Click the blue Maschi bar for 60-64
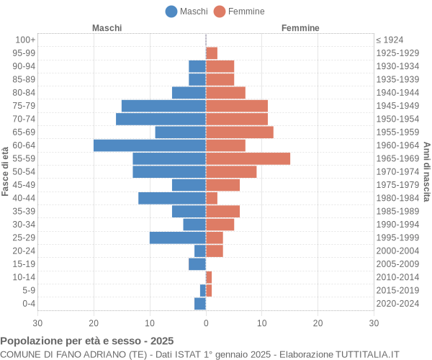click(x=150, y=145)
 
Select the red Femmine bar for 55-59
click(x=248, y=158)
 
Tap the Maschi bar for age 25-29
click(x=178, y=238)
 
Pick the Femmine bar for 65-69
click(x=239, y=132)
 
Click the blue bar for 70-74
click(x=161, y=119)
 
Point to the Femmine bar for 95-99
click(x=212, y=53)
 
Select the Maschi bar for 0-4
click(x=200, y=304)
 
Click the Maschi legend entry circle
click(x=171, y=12)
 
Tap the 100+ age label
click(x=25, y=40)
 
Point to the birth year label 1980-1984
click(x=397, y=198)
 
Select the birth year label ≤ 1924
click(x=390, y=40)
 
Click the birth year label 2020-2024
click(x=397, y=304)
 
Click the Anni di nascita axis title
click(x=426, y=171)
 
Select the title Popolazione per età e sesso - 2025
click(x=87, y=341)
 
